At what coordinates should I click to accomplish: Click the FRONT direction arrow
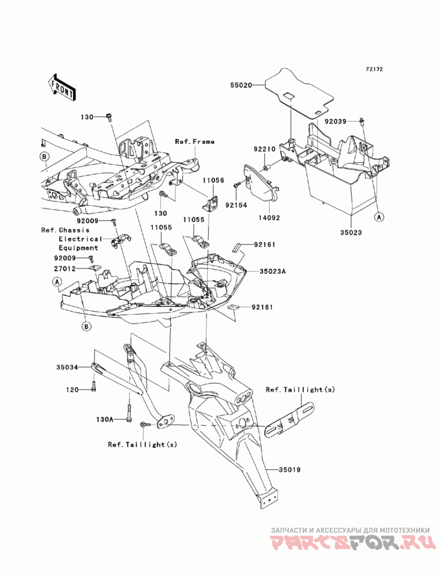[62, 87]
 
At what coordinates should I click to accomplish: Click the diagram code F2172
[375, 69]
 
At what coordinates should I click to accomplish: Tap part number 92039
[335, 121]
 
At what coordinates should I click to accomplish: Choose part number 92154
[236, 205]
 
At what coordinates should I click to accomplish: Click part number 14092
[269, 218]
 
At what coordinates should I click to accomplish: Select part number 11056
[213, 181]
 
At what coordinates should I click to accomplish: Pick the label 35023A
[272, 272]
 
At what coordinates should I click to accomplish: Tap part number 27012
[65, 269]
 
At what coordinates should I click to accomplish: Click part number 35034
[67, 368]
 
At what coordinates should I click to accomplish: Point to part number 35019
[290, 470]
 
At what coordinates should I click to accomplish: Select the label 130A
[104, 420]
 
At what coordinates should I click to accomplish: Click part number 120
[72, 390]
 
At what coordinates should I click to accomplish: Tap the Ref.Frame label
[194, 141]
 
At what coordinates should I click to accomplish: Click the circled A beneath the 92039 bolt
[379, 218]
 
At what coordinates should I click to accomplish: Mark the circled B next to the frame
[44, 157]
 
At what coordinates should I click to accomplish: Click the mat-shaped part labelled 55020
[299, 93]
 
